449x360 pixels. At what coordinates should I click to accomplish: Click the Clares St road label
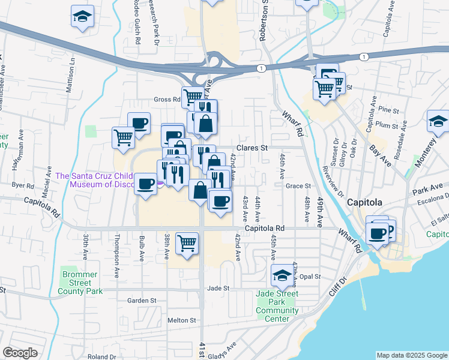click(x=252, y=147)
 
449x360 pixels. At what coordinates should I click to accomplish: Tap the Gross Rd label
click(x=167, y=100)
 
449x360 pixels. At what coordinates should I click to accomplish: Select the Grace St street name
click(x=298, y=186)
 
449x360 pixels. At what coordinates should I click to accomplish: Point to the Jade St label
click(x=218, y=288)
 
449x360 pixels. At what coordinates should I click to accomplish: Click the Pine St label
click(x=389, y=110)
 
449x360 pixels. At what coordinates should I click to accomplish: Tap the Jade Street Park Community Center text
click(x=277, y=310)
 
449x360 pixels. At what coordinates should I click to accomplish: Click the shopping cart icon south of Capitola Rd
click(x=187, y=244)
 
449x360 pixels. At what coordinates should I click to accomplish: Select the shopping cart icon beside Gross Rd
click(x=193, y=97)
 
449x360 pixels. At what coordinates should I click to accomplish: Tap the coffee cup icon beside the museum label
click(x=145, y=184)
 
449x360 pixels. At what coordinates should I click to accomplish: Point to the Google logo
click(x=20, y=353)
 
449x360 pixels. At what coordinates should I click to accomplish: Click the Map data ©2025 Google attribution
click(x=411, y=355)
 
